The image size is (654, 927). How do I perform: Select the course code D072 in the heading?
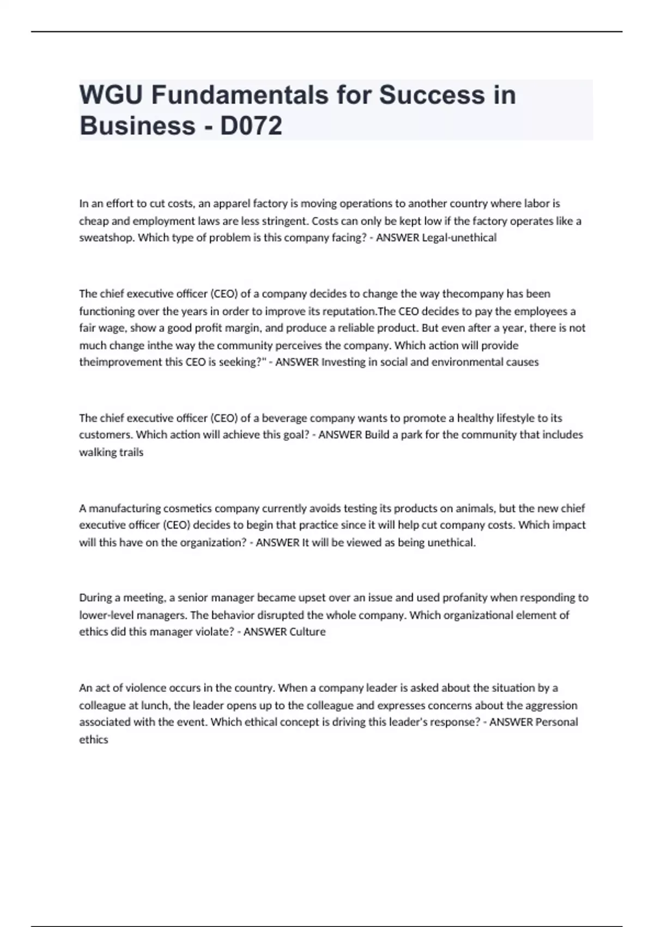[x=251, y=125]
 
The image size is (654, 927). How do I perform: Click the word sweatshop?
[x=106, y=238]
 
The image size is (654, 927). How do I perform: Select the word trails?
[x=131, y=452]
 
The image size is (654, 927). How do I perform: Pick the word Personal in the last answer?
[x=556, y=722]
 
